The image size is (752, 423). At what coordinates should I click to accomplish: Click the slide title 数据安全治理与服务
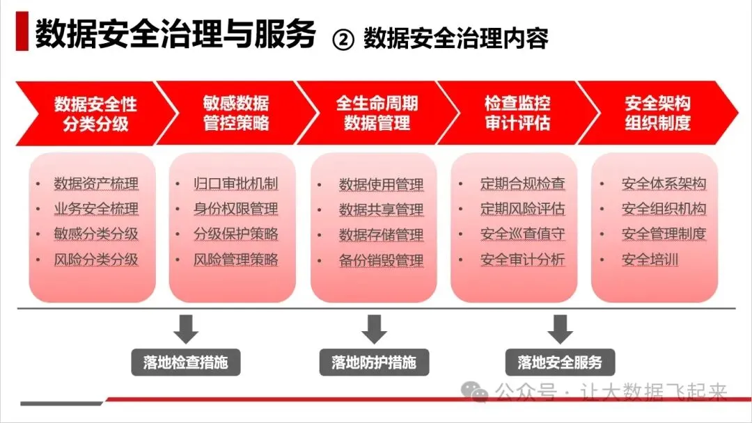click(x=175, y=34)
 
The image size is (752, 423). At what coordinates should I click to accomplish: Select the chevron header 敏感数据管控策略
click(x=236, y=113)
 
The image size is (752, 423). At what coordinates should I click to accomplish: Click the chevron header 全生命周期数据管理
click(x=377, y=113)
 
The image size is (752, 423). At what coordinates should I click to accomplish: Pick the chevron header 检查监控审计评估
click(x=517, y=113)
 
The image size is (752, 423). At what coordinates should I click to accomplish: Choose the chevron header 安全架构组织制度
click(x=657, y=113)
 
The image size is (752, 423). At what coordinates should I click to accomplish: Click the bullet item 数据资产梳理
click(x=96, y=184)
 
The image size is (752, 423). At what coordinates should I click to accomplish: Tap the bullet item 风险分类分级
click(x=96, y=260)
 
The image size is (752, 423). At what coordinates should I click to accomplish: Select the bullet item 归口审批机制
click(x=236, y=184)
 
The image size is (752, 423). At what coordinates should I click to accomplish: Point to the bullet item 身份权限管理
click(x=236, y=209)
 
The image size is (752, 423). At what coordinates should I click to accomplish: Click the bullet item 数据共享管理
click(x=381, y=209)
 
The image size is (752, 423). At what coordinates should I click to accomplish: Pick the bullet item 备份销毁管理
click(x=381, y=261)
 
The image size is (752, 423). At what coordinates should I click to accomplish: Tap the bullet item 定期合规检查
click(x=522, y=184)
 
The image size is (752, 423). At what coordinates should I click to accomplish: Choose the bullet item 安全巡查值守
click(x=522, y=234)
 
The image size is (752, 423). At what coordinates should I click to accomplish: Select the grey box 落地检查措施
click(x=186, y=362)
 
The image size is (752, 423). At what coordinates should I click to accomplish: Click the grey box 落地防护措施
click(x=374, y=362)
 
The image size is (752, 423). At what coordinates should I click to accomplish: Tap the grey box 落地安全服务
click(x=560, y=362)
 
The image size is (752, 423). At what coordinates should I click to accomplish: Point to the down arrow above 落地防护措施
click(x=374, y=328)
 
